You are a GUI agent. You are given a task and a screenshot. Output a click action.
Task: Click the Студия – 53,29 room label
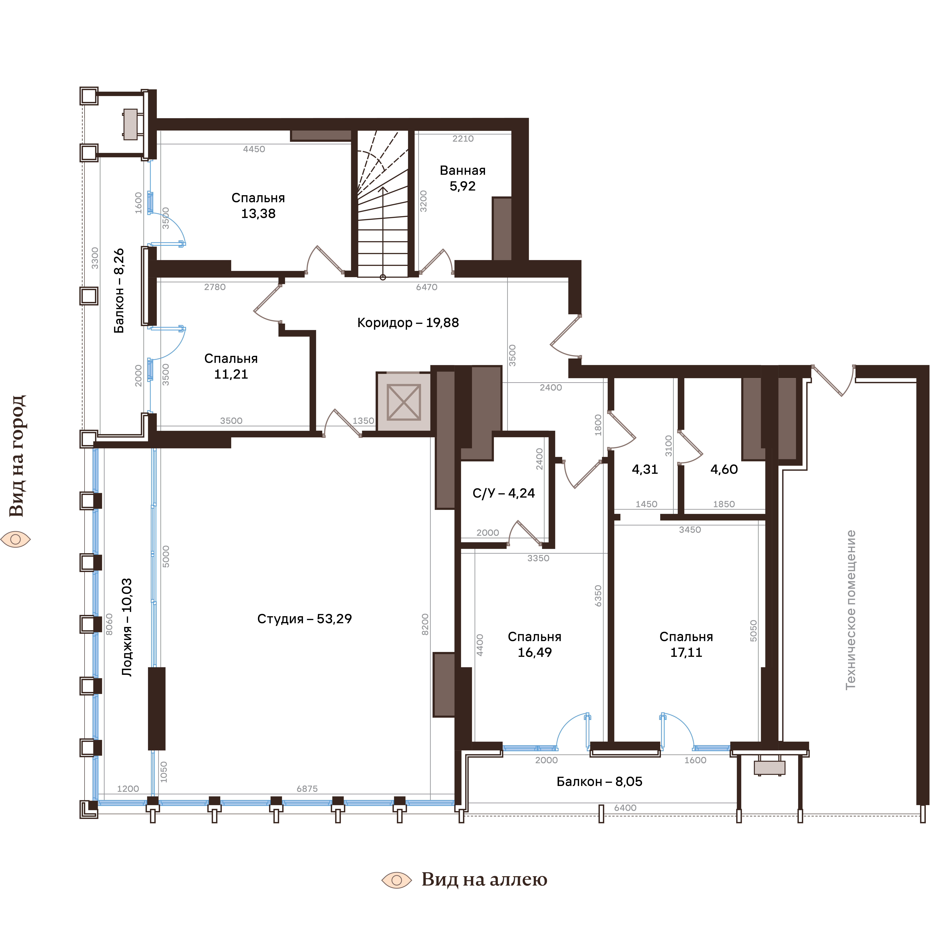[305, 619]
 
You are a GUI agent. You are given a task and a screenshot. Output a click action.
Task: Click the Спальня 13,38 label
[258, 205]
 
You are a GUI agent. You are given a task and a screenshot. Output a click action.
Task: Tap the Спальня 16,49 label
[535, 644]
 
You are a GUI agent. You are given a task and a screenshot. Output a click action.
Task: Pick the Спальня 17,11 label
[686, 644]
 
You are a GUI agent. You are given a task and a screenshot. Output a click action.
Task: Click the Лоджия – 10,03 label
[127, 628]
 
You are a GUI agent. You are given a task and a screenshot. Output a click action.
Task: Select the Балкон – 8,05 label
[600, 782]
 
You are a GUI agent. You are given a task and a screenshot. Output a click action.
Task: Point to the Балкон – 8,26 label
[119, 291]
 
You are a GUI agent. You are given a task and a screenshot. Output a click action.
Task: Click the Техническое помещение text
[851, 610]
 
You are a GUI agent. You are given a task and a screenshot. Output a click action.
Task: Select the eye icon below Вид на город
[16, 539]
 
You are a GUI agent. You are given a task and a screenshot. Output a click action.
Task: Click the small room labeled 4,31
[645, 469]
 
